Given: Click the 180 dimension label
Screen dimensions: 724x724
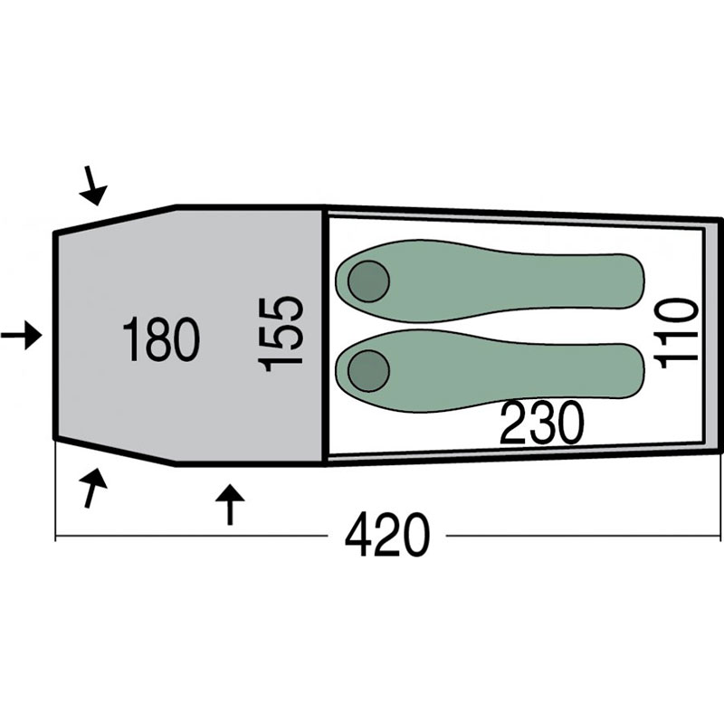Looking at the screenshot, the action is tap(161, 338).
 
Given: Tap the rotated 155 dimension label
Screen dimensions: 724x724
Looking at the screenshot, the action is tap(281, 334).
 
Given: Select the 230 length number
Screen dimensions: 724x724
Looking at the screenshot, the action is tap(542, 423).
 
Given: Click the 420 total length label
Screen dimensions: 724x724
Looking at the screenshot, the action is tap(387, 536).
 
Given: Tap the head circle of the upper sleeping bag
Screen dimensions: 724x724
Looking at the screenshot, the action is tap(368, 281).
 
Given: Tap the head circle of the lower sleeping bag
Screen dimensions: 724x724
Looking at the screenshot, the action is tap(368, 371).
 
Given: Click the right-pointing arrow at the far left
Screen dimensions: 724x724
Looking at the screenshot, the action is tap(21, 335).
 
